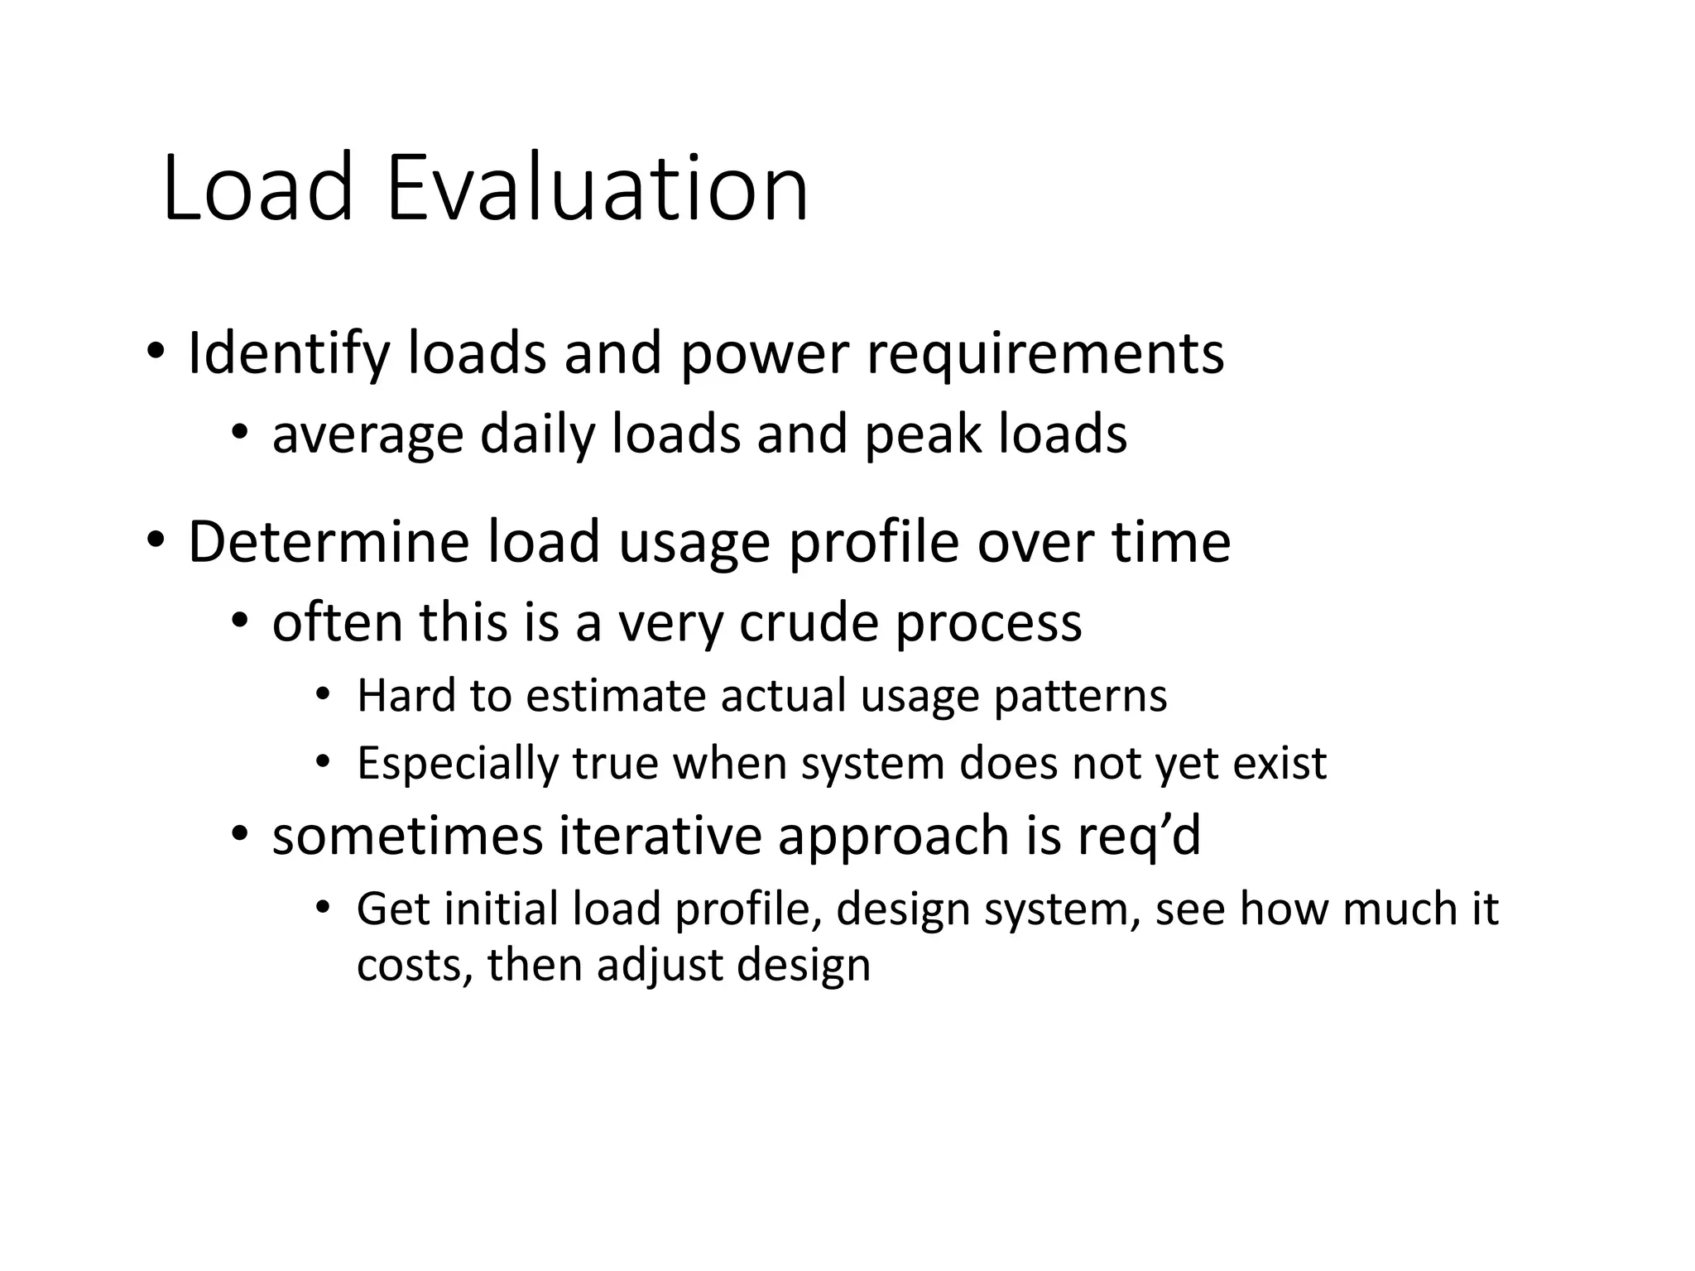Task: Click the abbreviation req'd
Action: [1139, 836]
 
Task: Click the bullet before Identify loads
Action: [155, 353]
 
